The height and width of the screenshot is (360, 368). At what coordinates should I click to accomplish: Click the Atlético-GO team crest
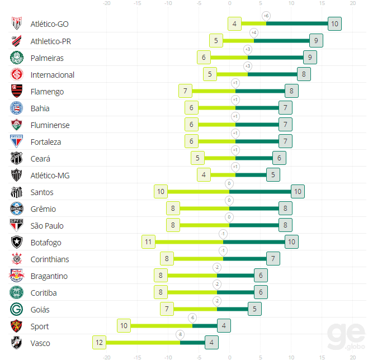17,24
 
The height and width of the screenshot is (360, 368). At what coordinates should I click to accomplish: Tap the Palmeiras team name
47,58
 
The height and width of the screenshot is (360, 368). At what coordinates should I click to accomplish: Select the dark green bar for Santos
260,192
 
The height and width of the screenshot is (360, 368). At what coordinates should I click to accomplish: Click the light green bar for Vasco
143,343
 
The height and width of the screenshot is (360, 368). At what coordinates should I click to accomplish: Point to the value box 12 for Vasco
100,343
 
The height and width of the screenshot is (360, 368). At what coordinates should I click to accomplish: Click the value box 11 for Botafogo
148,242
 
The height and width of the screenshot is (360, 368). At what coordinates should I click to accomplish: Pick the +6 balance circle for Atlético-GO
266,16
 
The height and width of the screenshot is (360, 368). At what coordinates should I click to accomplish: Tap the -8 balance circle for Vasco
180,334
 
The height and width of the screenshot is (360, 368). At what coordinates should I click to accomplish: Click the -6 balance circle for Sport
192,318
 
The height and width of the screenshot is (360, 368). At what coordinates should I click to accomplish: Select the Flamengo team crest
17,91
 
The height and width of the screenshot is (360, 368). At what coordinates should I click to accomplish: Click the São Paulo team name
47,226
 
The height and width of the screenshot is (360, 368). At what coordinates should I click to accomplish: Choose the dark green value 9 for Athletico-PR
316,41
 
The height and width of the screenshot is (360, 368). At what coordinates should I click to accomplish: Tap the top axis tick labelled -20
107,3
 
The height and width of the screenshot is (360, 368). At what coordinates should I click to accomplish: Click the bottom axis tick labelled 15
322,357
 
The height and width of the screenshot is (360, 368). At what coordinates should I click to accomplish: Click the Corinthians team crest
17,259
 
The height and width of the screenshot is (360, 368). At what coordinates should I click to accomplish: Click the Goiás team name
40,310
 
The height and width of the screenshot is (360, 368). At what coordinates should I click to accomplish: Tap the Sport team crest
17,326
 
